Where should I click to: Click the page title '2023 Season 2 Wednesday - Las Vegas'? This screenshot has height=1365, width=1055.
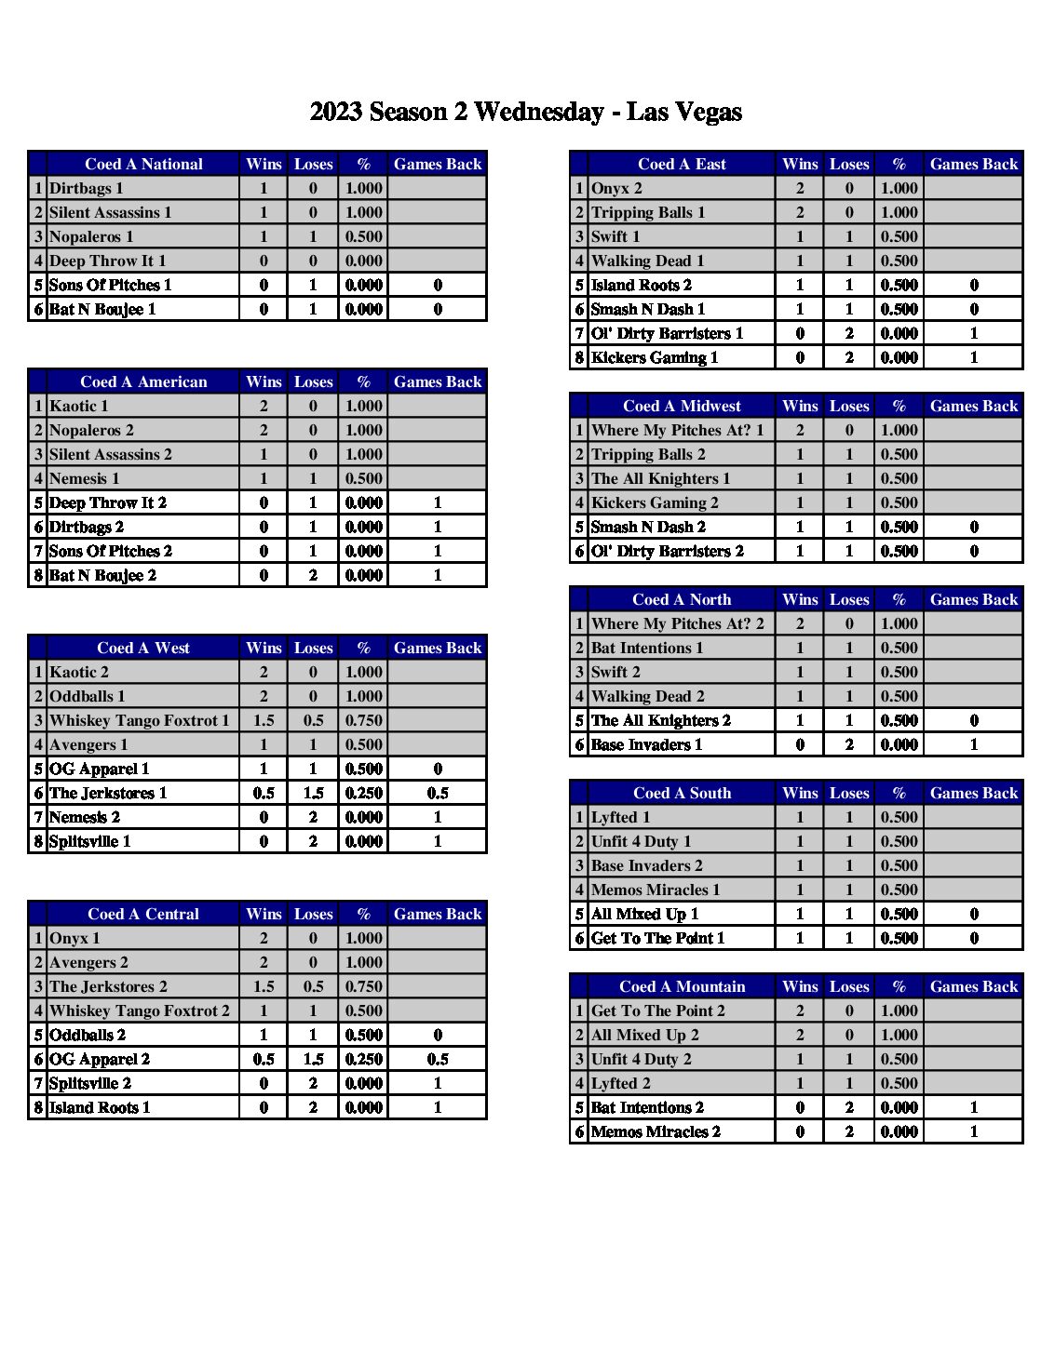pos(525,113)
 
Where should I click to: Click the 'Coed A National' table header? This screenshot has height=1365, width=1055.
pos(143,164)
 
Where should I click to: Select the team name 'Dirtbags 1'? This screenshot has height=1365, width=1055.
pos(87,188)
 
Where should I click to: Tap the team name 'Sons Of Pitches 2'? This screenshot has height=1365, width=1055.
pos(111,551)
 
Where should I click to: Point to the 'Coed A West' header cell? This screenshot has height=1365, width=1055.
pos(143,648)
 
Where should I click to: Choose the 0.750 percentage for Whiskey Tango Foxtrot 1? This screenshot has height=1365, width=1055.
pos(363,720)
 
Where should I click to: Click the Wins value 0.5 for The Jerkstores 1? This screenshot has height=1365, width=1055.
pos(264,793)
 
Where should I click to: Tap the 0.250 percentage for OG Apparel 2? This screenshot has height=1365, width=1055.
pos(363,1059)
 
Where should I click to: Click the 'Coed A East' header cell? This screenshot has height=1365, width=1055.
pos(682,164)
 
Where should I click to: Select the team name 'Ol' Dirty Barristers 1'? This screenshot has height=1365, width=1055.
pos(668,333)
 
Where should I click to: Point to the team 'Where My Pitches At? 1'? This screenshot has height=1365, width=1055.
pos(678,430)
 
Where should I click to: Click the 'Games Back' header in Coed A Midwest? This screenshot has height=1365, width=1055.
pos(974,406)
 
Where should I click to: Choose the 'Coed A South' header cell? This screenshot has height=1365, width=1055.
pos(682,793)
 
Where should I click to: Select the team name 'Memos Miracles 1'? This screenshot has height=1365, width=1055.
pos(656,890)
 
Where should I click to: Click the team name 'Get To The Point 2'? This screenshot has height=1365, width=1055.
pos(658,1010)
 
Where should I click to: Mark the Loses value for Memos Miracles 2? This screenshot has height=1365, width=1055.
pos(849,1131)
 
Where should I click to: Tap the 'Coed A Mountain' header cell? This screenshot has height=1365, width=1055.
pos(682,986)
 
